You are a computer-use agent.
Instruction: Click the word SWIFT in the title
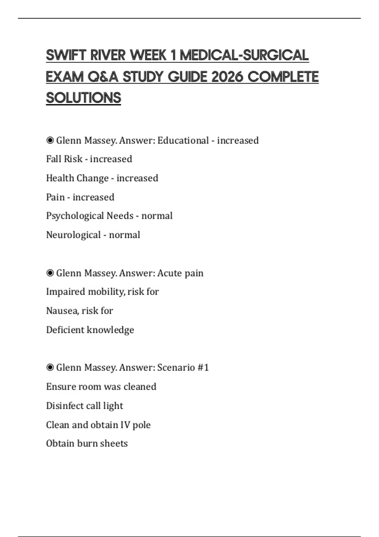tap(66, 55)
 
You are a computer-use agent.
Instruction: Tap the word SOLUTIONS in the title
tap(83, 98)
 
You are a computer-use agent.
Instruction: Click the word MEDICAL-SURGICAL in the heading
tap(244, 55)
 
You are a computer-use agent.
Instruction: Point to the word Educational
tap(183, 141)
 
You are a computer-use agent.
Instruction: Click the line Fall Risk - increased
tap(89, 159)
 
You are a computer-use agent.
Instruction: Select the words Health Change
tap(77, 178)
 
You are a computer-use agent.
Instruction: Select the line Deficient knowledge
tap(90, 330)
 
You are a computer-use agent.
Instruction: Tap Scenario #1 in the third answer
tap(183, 368)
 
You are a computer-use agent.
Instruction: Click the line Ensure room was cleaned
tap(101, 387)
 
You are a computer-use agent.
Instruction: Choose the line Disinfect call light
tap(85, 406)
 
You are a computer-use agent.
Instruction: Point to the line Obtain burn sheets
tap(87, 443)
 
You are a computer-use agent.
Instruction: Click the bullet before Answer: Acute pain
tap(50, 273)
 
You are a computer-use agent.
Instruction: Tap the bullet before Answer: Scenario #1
tap(50, 367)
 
